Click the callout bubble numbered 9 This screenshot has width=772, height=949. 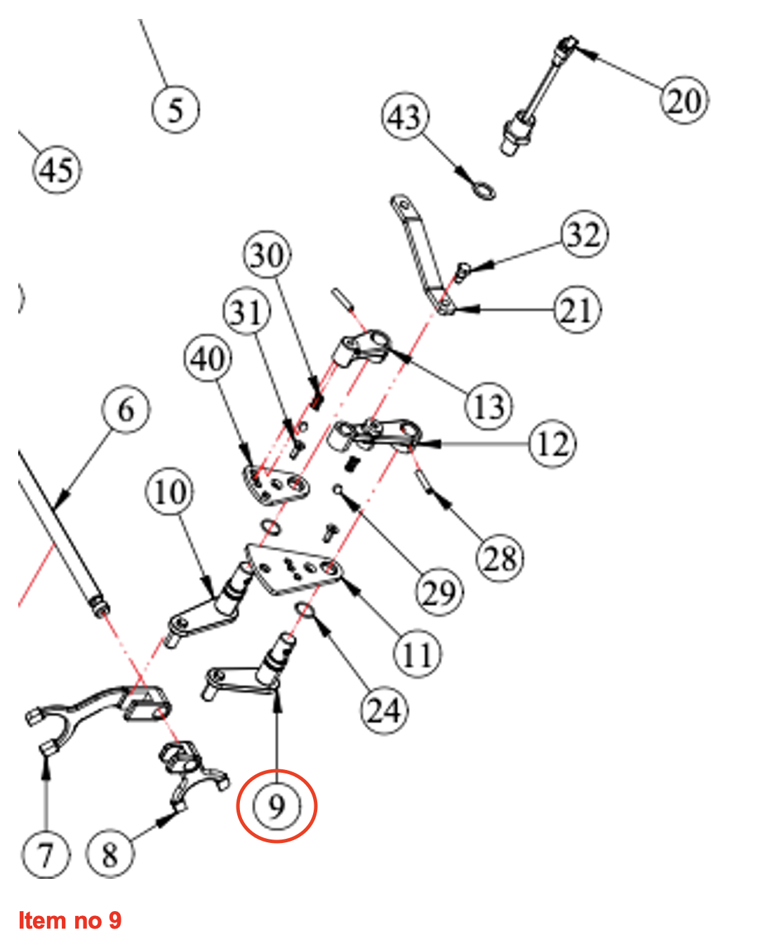[277, 806]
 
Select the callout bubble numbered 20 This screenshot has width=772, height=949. [684, 100]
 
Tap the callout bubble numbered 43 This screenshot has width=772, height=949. [405, 117]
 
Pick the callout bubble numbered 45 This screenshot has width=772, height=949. [57, 170]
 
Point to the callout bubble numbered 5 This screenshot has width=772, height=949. [175, 109]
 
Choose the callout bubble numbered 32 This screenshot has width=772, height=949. [584, 234]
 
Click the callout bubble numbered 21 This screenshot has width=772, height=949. [578, 310]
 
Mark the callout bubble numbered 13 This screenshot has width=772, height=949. [489, 406]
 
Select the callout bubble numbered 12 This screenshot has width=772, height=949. [552, 444]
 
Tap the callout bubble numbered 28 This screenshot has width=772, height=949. [500, 559]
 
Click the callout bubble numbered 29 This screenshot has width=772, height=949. [439, 592]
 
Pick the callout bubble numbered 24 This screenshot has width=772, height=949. [384, 710]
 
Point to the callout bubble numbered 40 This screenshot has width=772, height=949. [208, 359]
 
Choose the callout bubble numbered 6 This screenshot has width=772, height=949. [126, 410]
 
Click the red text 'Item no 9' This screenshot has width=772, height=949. [69, 920]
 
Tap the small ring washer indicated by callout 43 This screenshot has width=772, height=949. [483, 190]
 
